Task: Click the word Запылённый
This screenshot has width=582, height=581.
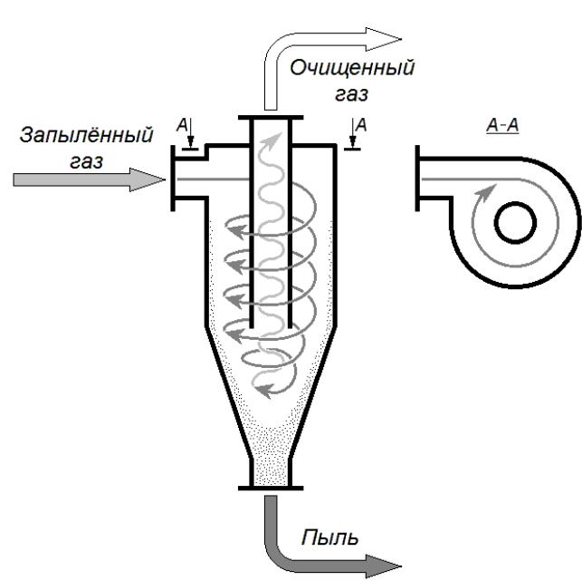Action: coord(86,135)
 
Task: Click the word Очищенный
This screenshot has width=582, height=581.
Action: coord(352,68)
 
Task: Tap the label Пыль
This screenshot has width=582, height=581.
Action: coord(330,537)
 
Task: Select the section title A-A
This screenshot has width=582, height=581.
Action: coord(502,125)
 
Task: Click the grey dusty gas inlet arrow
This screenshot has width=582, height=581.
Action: coord(89,179)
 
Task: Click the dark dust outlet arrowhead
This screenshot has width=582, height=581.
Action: coord(384,566)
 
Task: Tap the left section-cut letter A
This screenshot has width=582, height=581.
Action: coord(182,125)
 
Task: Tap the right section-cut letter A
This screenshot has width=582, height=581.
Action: coord(361,125)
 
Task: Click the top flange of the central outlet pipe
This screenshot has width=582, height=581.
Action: coord(271,118)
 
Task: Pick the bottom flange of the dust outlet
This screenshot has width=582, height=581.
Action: coord(271,488)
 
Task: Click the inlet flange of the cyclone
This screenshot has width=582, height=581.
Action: coord(173,178)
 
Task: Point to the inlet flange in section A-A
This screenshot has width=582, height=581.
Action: coord(417,178)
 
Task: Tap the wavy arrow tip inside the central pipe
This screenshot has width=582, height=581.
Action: coord(273,139)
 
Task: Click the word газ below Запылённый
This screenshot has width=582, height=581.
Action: coord(87,162)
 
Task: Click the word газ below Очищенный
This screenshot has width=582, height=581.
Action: coord(351,94)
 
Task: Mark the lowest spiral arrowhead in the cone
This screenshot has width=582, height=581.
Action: coord(264,391)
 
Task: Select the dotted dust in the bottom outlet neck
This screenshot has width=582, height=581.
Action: coord(271,471)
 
